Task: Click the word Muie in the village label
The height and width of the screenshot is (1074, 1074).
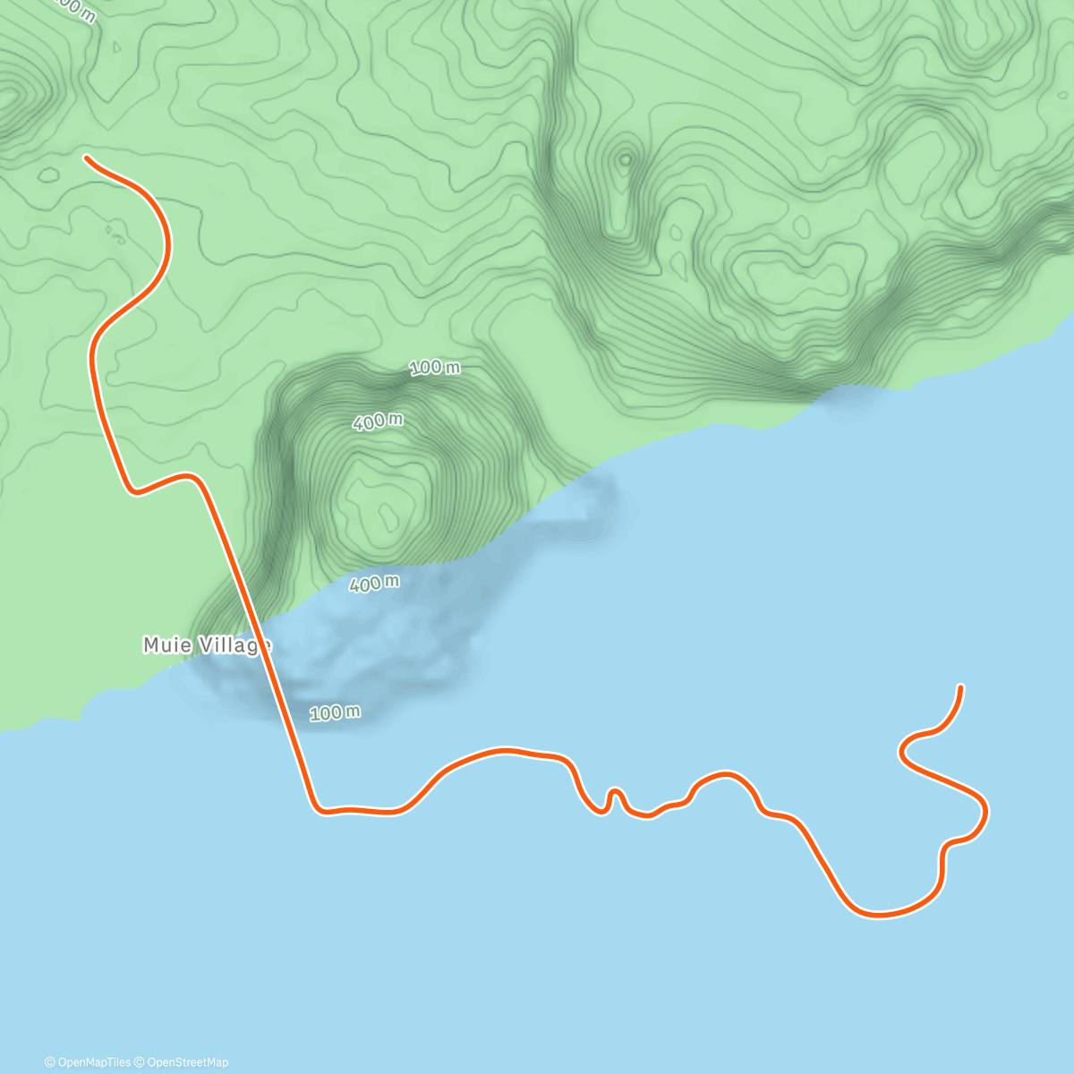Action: [166, 645]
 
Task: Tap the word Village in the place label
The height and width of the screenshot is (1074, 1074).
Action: [231, 645]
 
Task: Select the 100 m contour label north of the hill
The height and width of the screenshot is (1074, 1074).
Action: [435, 367]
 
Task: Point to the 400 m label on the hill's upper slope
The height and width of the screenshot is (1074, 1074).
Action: [378, 421]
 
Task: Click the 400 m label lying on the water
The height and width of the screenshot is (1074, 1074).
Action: [374, 584]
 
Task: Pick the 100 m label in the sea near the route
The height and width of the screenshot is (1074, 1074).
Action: [336, 713]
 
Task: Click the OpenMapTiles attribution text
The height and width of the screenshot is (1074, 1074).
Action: [88, 1062]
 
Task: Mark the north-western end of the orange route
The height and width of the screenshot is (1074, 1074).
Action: [87, 158]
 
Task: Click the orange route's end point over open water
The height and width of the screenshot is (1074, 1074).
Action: [960, 687]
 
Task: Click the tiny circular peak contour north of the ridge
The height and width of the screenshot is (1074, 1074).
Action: [625, 159]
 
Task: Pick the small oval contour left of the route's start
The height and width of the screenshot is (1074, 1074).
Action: [47, 175]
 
